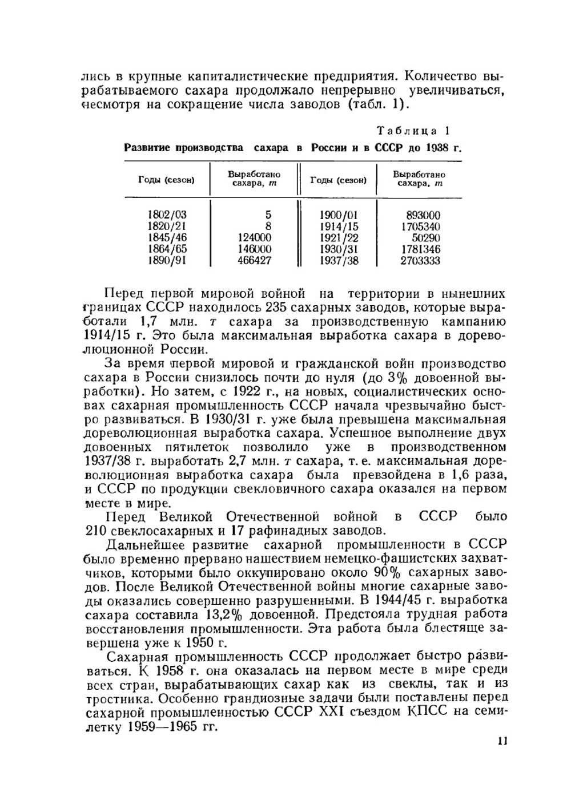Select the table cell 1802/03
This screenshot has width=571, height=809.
click(167, 215)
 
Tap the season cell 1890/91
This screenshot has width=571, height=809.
click(167, 261)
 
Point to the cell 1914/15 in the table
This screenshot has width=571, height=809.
click(339, 226)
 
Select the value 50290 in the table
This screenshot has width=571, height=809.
click(425, 238)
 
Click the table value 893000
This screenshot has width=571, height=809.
click(423, 215)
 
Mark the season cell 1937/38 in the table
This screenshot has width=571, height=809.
click(339, 261)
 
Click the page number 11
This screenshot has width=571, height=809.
click(502, 742)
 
